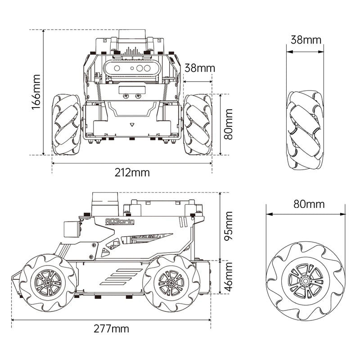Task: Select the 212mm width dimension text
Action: click(x=131, y=173)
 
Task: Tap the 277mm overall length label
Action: click(x=111, y=328)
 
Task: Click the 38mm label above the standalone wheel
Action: click(x=306, y=39)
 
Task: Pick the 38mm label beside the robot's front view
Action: click(x=200, y=68)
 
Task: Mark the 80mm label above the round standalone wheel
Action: click(x=309, y=204)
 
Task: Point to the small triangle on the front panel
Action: click(x=132, y=125)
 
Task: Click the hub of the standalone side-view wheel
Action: click(x=306, y=280)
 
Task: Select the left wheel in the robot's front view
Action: click(x=66, y=124)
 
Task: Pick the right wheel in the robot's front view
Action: click(x=198, y=124)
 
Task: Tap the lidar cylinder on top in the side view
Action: click(x=104, y=203)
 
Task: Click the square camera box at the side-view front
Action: click(x=72, y=228)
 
